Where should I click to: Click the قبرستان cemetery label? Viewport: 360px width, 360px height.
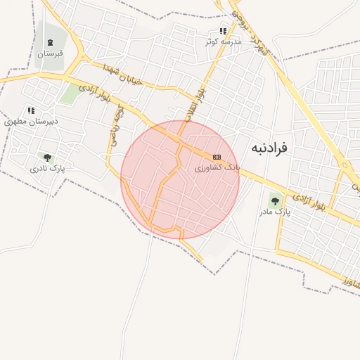[x=51, y=53]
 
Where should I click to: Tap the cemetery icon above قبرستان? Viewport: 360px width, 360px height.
[x=51, y=43]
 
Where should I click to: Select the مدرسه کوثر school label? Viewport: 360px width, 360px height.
[x=223, y=42]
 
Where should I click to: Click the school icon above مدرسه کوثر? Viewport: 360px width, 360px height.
[x=223, y=31]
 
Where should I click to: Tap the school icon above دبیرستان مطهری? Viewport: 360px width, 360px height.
[x=31, y=110]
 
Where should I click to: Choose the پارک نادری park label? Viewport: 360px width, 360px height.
[x=47, y=169]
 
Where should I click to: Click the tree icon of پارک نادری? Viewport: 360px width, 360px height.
[x=47, y=158]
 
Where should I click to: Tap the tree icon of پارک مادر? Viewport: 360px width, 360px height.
[x=274, y=201]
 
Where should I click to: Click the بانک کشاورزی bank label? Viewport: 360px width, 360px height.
[x=217, y=169]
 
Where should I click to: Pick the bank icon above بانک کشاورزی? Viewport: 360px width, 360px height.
[x=217, y=157]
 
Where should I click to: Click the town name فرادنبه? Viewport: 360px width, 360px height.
[x=269, y=148]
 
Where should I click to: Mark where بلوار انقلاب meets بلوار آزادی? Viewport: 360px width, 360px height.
[x=181, y=136]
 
